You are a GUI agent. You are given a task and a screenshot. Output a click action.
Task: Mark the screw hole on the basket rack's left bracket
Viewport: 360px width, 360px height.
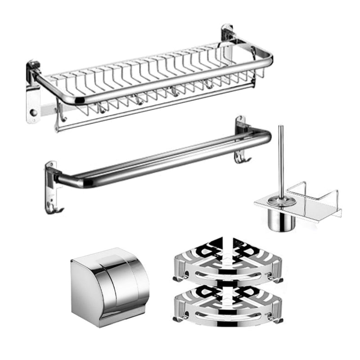[32, 111]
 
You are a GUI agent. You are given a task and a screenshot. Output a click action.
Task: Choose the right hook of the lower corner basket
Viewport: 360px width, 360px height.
[278, 320]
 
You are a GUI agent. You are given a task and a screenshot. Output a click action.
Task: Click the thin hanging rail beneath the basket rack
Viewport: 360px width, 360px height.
[153, 106]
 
